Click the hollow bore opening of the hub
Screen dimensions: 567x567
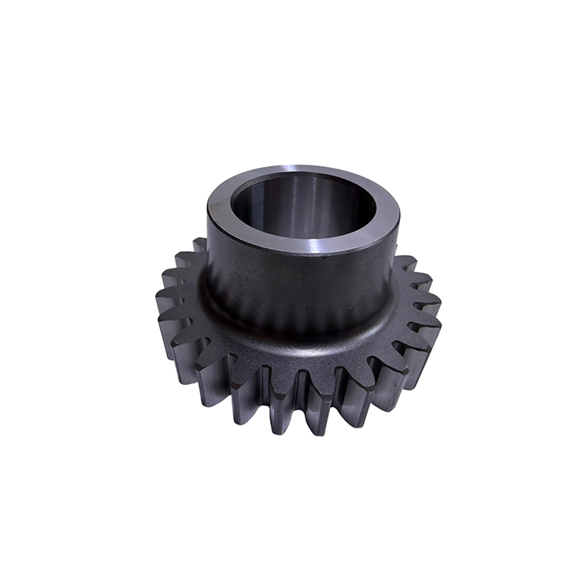(x=303, y=206)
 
